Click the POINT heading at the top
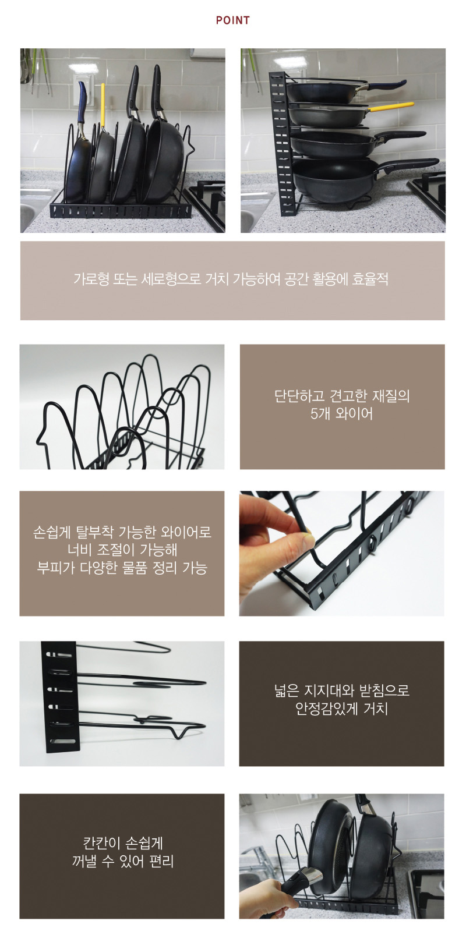point(232,20)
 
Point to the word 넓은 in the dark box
point(287,691)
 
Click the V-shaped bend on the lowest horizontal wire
point(182,732)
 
